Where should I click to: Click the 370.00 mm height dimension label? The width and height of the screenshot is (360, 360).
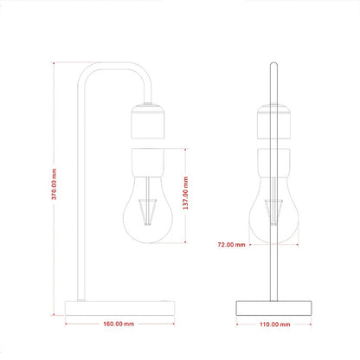pos(54,184)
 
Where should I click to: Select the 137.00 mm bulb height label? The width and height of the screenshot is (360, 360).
pos(185,193)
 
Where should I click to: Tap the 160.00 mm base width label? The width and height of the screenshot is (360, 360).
pos(119,324)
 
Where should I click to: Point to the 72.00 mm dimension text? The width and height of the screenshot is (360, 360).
pos(231,245)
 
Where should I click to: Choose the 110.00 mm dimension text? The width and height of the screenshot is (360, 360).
pos(275,325)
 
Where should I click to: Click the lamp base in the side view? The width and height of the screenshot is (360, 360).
pos(119,308)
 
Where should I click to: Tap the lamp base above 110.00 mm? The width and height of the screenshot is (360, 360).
pos(273,308)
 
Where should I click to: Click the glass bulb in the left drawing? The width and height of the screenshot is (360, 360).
pos(148,209)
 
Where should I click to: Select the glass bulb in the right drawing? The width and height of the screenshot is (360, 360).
pos(273,209)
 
